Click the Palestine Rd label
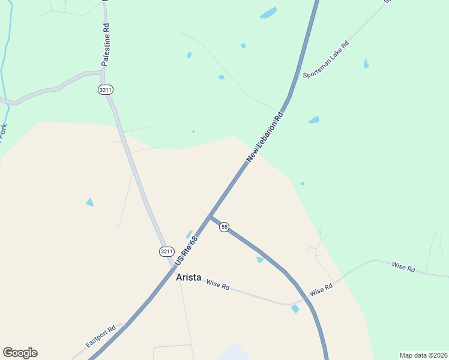106,44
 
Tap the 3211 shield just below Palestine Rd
105,89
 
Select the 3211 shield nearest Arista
167,251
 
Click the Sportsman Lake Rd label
326,60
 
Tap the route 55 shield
224,227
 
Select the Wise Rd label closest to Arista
218,285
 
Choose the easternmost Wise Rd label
403,268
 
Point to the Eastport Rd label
101,337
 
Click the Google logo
20,353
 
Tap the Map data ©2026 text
423,355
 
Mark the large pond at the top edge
268,13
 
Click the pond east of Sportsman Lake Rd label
366,63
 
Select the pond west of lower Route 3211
90,202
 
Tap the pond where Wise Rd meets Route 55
295,308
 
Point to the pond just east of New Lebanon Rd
314,120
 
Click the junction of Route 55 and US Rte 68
209,217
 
